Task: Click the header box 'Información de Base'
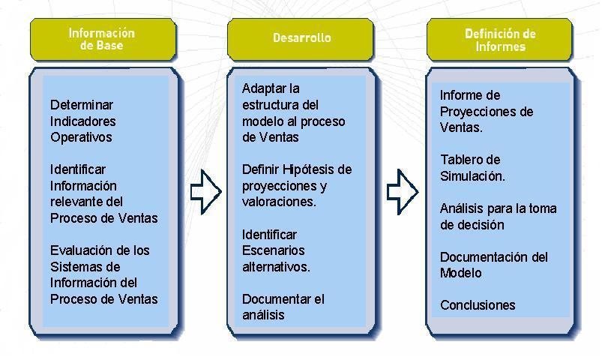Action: pos(103,39)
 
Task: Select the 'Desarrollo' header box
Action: pos(300,39)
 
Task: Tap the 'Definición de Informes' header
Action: pos(499,40)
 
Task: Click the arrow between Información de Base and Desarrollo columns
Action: pos(205,192)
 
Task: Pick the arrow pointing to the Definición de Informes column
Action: pos(403,192)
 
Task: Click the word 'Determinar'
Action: pos(82,105)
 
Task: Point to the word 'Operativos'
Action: pos(81,137)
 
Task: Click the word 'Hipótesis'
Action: pos(311,169)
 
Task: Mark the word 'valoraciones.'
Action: pos(279,202)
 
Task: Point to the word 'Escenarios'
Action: pos(274,250)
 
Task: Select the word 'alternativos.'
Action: pos(276,267)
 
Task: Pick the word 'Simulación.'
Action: pos(472,176)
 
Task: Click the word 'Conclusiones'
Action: pos(478,305)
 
